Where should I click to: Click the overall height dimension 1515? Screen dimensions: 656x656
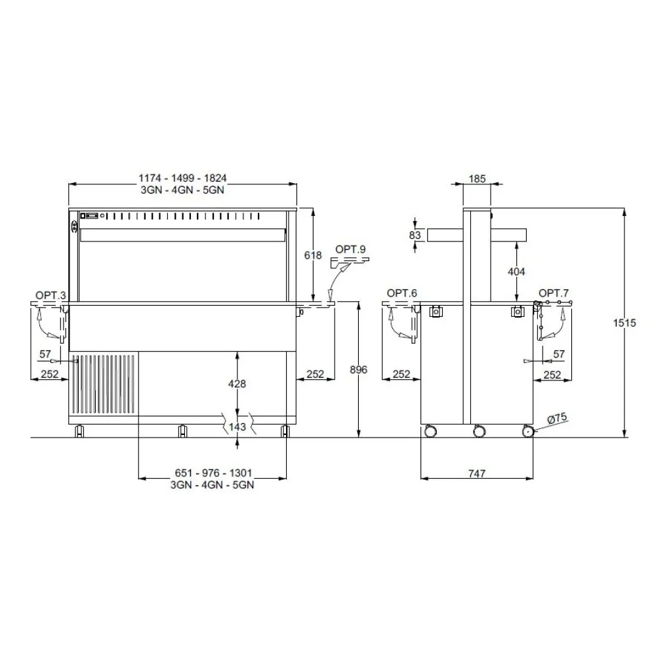point(628,324)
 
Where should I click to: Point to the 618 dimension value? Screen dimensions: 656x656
point(314,255)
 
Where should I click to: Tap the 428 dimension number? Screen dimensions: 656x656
point(237,384)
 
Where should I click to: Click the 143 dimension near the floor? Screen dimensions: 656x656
point(237,427)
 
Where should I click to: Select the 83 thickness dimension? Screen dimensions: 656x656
point(415,234)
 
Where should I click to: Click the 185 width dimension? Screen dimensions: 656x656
point(477,177)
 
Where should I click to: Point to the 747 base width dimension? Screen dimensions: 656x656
point(477,474)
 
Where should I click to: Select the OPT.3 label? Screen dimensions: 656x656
point(51,296)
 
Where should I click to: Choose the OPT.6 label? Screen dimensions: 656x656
point(402,293)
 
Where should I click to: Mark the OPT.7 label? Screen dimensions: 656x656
point(554,293)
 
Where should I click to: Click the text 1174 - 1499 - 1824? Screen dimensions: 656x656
point(183,178)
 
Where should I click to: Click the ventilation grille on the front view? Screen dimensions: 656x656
point(105,384)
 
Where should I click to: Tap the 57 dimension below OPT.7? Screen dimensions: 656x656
point(558,354)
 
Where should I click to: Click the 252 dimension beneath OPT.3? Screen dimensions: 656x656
point(50,375)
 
